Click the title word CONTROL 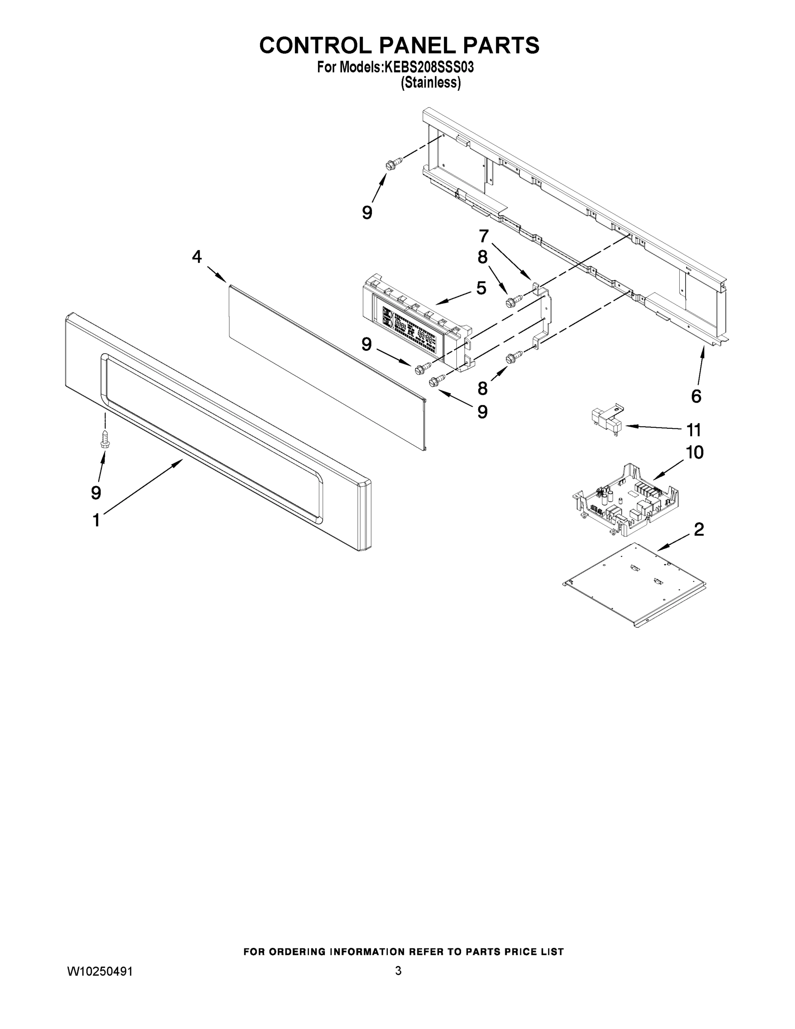315,46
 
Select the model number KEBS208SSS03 429,67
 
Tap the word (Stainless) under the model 430,83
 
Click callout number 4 197,257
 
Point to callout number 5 481,288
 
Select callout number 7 484,235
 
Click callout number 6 696,396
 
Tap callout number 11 694,430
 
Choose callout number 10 695,452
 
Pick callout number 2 699,530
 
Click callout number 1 96,521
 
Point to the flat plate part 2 636,584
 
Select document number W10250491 100,972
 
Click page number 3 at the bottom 398,971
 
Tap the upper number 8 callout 482,257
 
